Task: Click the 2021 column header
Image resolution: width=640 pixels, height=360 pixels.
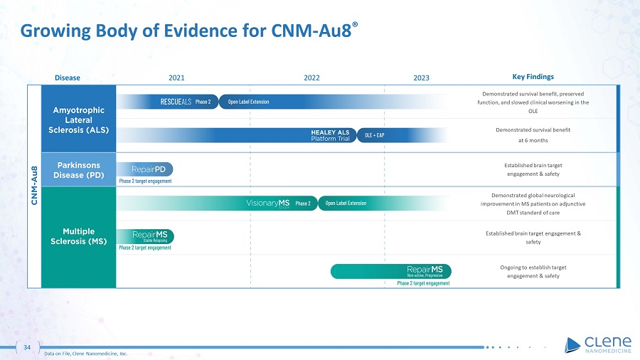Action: tap(176, 78)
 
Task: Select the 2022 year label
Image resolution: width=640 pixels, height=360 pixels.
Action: tap(311, 78)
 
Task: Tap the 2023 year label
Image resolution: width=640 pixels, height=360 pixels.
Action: tap(421, 78)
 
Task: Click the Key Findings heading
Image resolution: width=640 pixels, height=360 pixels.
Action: tap(533, 77)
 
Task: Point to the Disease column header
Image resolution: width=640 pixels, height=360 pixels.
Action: tap(68, 78)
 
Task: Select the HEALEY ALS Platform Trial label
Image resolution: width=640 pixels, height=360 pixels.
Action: tap(330, 135)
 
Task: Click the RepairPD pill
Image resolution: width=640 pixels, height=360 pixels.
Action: tap(145, 169)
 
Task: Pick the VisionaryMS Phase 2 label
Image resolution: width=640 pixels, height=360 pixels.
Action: tap(278, 203)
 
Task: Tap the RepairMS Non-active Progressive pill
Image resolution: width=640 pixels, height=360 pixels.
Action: tap(390, 271)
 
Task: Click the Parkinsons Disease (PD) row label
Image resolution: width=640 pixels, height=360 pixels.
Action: tap(79, 170)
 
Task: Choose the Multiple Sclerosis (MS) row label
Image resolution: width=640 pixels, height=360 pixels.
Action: tap(79, 236)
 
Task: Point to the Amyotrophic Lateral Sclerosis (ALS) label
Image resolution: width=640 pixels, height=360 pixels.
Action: tap(79, 120)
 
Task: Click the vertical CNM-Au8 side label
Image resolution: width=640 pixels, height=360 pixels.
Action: tap(35, 185)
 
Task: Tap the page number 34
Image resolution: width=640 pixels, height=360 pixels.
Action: tap(27, 347)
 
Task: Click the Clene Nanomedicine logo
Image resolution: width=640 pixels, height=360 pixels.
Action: tap(598, 344)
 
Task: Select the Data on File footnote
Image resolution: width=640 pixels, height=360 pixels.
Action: tap(86, 354)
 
